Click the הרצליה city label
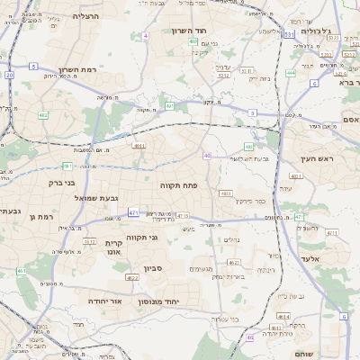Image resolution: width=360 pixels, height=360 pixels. [85, 16]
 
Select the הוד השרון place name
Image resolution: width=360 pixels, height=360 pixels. [191, 31]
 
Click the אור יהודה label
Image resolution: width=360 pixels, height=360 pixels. [104, 301]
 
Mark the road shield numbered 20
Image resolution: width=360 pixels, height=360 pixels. [9, 75]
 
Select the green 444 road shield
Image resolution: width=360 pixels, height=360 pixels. [291, 72]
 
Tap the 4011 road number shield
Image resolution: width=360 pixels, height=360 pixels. [139, 145]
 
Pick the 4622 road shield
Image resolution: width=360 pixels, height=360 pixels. [132, 278]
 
